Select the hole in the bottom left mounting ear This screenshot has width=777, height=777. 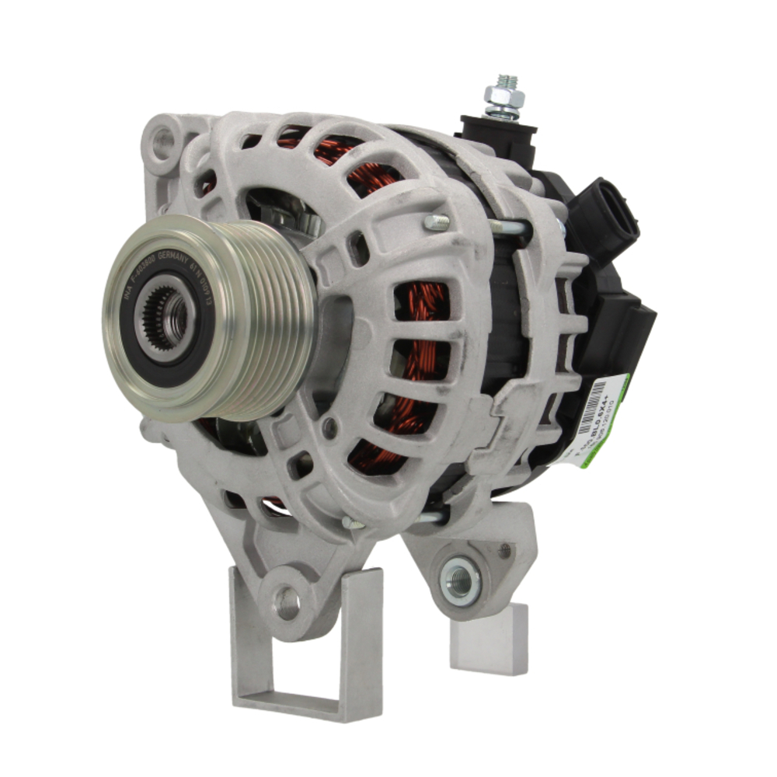click(x=287, y=601)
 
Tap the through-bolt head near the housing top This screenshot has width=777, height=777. click(x=436, y=222)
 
